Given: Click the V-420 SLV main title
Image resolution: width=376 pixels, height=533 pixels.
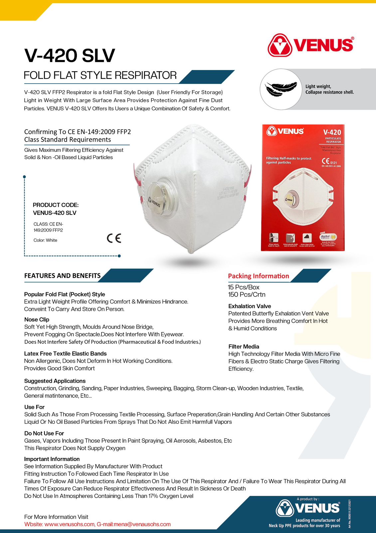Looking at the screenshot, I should click(70, 55).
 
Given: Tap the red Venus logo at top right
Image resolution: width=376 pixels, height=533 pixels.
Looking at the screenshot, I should click(310, 45).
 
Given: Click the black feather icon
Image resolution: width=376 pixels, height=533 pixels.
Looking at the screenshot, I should click(281, 89).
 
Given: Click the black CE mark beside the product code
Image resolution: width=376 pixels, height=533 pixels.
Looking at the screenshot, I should click(114, 238).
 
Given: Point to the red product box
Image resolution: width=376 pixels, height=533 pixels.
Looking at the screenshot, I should click(302, 188).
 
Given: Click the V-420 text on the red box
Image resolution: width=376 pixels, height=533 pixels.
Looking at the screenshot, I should click(332, 132).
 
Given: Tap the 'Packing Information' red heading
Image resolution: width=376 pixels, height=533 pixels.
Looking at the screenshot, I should click(258, 276).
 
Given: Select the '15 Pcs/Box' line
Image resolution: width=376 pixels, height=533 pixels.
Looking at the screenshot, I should click(244, 287).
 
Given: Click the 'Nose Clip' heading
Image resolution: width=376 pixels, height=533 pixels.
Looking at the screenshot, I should click(37, 319).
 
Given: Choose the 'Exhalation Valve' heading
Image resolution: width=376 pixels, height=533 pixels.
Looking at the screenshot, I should click(250, 306).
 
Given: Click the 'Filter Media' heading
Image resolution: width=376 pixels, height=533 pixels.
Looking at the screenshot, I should click(244, 346).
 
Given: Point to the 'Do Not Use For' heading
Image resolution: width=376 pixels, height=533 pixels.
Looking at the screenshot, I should click(44, 433).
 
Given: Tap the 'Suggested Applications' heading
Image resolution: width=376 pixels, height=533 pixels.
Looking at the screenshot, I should click(55, 381).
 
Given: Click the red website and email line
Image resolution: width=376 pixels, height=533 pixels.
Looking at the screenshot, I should click(97, 524).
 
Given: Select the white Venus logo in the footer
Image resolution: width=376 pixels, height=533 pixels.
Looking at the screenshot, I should click(308, 508).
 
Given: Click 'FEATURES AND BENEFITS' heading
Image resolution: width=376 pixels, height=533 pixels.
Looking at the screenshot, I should click(62, 275).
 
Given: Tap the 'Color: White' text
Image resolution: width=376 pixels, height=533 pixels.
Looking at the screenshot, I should click(45, 240).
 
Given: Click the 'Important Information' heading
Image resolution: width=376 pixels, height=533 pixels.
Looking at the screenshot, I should click(52, 459).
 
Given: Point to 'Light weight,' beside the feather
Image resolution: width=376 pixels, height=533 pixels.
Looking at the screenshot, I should click(318, 86).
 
